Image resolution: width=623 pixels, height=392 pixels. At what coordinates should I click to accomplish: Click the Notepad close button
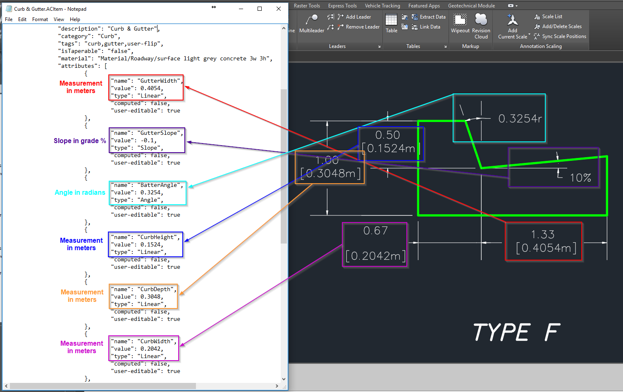click(279, 9)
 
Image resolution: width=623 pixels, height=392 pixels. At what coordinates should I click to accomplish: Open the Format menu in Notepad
click(40, 19)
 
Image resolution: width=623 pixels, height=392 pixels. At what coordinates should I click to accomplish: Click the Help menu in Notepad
click(75, 19)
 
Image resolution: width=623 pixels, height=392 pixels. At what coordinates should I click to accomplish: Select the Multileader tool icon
click(312, 19)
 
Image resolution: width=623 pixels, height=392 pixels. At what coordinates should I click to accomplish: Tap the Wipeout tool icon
click(460, 19)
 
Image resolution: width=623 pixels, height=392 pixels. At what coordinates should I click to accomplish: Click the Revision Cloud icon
click(481, 19)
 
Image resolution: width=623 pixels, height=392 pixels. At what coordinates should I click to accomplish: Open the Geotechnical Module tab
click(471, 6)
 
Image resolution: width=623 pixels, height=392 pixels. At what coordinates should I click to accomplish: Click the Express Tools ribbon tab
click(342, 6)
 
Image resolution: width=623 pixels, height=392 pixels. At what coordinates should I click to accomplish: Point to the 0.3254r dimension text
click(520, 119)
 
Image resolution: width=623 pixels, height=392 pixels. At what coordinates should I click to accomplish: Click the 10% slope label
click(580, 178)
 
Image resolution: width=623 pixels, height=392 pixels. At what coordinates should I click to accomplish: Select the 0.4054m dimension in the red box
click(546, 248)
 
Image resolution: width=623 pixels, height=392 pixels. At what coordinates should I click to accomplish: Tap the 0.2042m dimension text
click(376, 256)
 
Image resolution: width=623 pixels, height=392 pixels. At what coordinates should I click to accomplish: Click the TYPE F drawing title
click(516, 332)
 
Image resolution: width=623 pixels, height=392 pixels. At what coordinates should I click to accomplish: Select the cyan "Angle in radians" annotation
click(80, 193)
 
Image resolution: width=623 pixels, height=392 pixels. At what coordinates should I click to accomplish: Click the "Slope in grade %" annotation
click(80, 141)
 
